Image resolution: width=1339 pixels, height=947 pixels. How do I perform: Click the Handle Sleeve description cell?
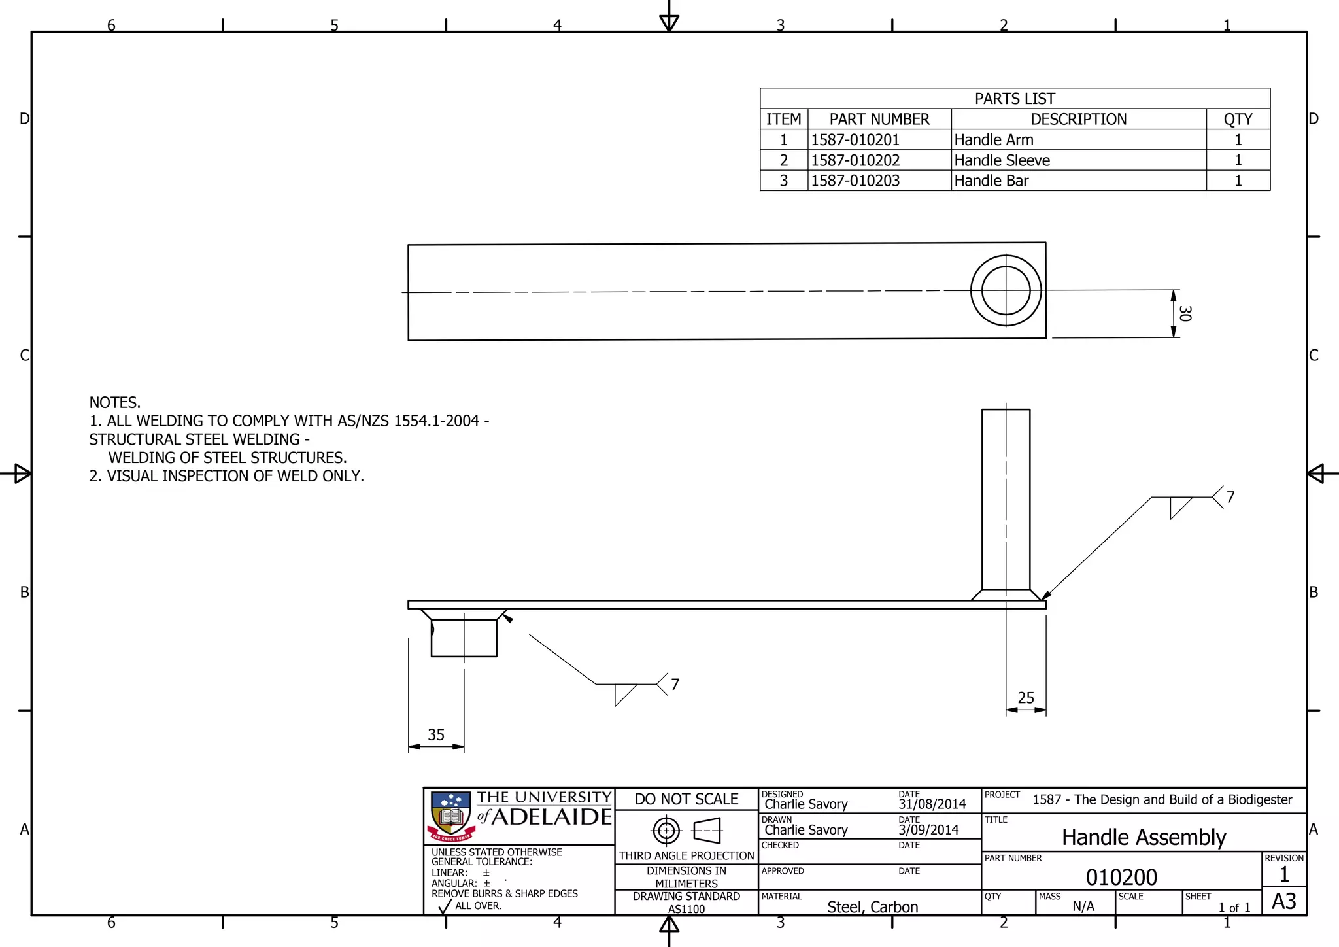[x=1002, y=160]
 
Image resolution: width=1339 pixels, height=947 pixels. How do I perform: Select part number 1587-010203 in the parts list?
[x=855, y=181]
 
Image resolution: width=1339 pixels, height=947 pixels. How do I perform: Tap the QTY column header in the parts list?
[x=1238, y=119]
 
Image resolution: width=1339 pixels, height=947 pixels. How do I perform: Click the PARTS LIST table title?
[x=1014, y=99]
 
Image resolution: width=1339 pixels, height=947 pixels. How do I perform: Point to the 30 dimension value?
[x=1185, y=313]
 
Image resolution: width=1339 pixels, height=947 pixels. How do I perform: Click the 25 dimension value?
[x=1026, y=698]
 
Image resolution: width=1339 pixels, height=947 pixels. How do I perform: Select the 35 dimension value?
[x=436, y=734]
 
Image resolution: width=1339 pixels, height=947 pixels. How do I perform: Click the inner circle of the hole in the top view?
[x=1006, y=291]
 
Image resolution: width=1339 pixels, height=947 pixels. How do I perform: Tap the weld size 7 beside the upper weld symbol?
[x=1230, y=497]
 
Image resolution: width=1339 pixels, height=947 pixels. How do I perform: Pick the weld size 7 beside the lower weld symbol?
[x=675, y=684]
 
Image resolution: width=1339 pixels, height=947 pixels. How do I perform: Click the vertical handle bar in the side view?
[x=1006, y=497]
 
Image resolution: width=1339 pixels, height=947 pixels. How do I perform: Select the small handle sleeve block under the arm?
[x=464, y=638]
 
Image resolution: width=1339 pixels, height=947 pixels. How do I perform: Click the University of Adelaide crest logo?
[x=450, y=816]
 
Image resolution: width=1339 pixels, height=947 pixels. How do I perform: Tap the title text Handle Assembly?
[x=1144, y=837]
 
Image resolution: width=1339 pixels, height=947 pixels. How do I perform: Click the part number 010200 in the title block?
[x=1121, y=877]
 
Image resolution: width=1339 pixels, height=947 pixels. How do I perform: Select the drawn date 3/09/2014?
[x=928, y=830]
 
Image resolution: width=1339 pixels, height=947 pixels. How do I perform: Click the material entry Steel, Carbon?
[x=872, y=907]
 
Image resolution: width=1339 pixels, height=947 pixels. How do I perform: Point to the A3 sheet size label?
[x=1283, y=901]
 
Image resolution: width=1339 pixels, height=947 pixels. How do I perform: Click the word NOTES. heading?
[x=115, y=402]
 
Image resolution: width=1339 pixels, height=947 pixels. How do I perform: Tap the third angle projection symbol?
[x=686, y=831]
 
